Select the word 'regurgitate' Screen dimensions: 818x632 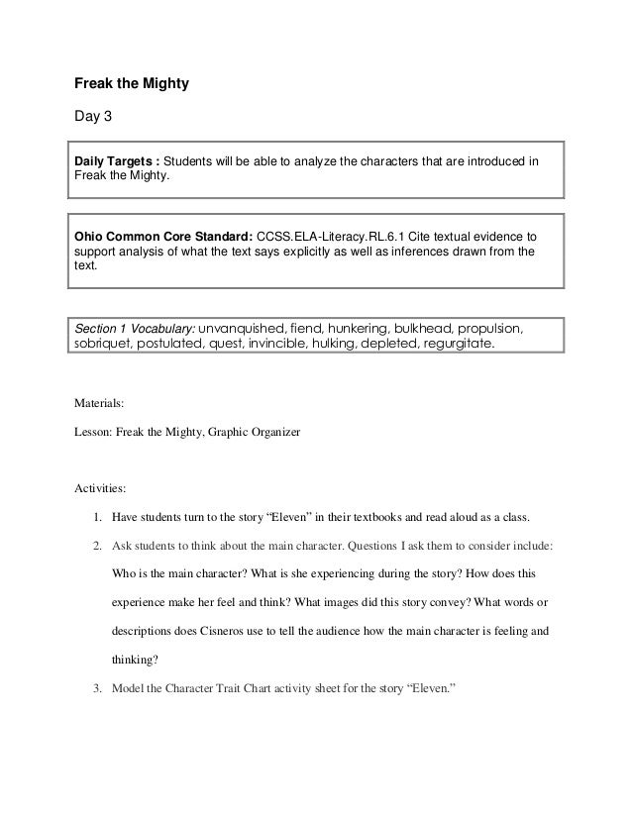(456, 345)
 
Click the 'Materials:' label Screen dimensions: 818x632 (99, 403)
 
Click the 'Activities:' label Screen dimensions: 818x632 (100, 488)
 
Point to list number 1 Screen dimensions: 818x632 (96, 517)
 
